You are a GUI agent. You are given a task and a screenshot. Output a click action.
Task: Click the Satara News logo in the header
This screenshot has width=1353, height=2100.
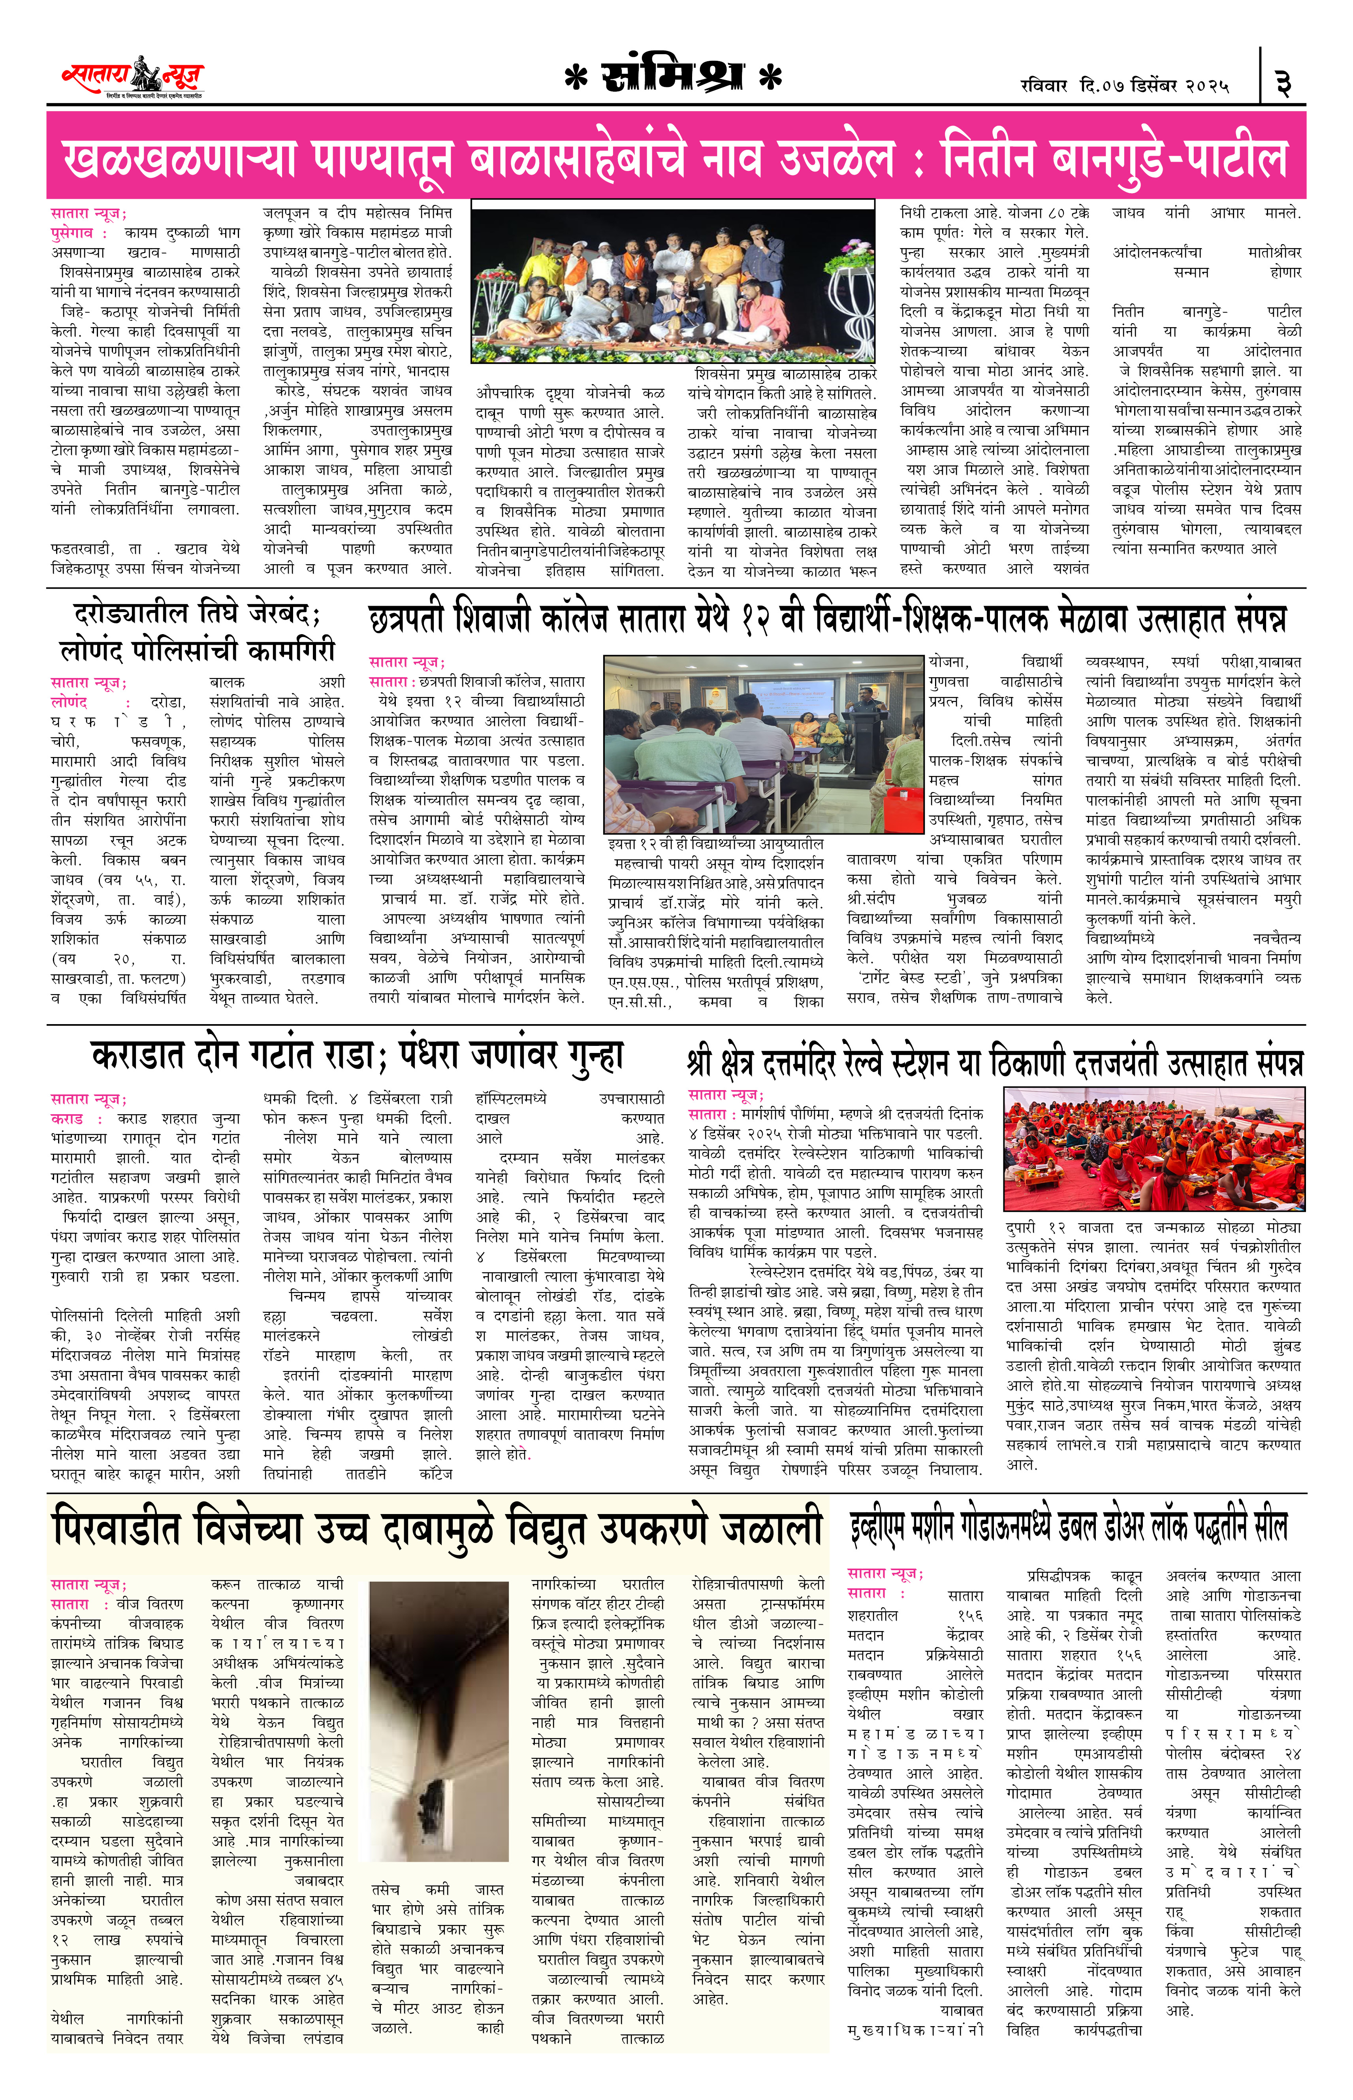pyautogui.click(x=132, y=77)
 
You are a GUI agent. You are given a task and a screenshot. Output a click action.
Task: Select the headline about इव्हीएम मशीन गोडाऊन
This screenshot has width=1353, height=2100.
pyautogui.click(x=1067, y=1527)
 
